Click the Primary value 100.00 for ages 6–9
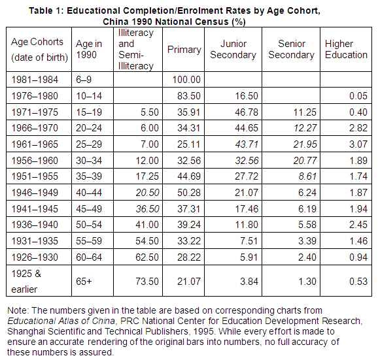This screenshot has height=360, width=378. click(x=186, y=80)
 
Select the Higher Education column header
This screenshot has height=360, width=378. click(x=346, y=50)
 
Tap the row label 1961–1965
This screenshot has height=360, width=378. click(x=35, y=144)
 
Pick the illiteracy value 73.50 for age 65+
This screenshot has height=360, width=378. click(x=147, y=281)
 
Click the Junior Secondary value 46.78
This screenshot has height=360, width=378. click(x=247, y=112)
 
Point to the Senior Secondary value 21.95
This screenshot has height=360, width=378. click(x=305, y=144)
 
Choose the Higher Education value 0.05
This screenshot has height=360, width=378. click(x=358, y=96)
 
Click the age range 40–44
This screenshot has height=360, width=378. click(x=89, y=193)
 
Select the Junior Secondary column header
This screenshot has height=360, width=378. click(x=233, y=50)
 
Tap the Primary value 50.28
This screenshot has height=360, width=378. click(x=189, y=193)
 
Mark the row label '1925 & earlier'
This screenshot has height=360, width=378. click(x=26, y=281)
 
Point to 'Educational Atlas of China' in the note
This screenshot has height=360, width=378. click(x=61, y=321)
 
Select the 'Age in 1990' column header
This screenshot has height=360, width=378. click(x=89, y=50)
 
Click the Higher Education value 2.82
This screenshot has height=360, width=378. click(x=358, y=128)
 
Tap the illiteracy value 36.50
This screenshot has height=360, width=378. click(x=147, y=209)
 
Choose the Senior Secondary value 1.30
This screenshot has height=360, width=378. click(x=307, y=281)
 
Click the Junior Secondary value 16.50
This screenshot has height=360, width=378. click(x=247, y=96)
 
